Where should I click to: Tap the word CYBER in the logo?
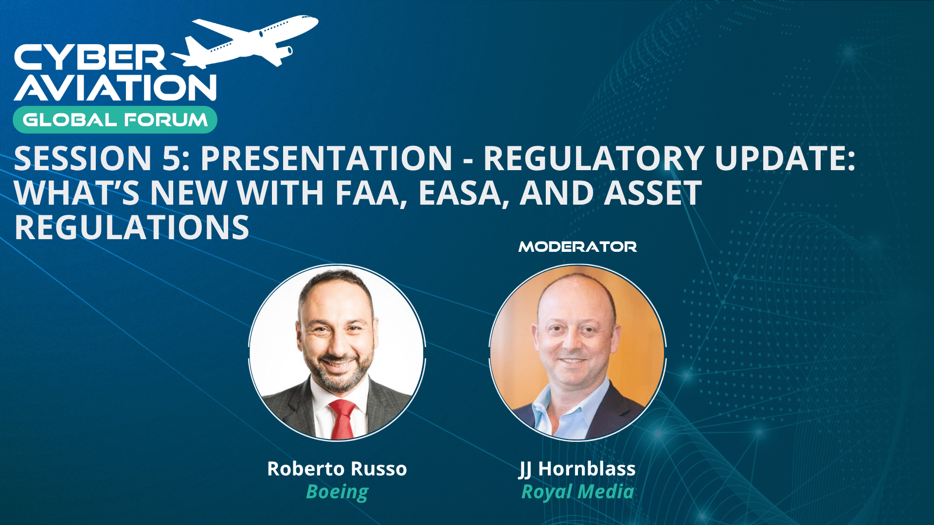[90, 58]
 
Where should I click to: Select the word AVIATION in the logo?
[115, 87]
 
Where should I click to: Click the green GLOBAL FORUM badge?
[115, 120]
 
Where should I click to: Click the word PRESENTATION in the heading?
[326, 158]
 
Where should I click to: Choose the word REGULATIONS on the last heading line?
[132, 227]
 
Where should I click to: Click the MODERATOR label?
[578, 247]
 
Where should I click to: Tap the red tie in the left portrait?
[342, 420]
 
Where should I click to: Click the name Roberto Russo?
[337, 469]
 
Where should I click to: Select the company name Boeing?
[337, 492]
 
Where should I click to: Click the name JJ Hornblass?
[577, 469]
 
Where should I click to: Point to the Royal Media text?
[577, 492]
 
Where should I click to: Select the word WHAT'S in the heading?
[77, 193]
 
